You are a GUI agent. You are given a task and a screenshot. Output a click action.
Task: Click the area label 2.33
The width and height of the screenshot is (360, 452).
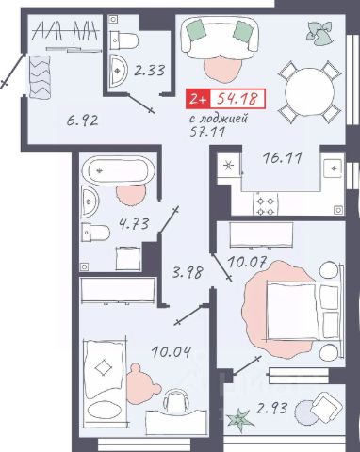click(x=149, y=71)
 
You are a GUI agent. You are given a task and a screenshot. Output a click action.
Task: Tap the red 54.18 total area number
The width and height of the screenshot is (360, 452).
click(x=237, y=98)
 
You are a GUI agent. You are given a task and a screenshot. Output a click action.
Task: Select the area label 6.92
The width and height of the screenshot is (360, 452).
click(x=82, y=121)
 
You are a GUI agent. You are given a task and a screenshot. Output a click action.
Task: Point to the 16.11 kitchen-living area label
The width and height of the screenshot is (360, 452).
click(x=283, y=158)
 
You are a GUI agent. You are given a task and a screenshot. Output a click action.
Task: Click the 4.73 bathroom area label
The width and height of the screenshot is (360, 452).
click(x=134, y=224)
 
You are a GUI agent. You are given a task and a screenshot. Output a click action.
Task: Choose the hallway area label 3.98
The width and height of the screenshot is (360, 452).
click(x=188, y=272)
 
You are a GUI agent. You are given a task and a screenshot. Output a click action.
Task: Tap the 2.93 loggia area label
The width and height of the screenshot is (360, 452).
click(x=272, y=409)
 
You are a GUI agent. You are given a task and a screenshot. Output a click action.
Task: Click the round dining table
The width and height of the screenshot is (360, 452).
click(x=309, y=92)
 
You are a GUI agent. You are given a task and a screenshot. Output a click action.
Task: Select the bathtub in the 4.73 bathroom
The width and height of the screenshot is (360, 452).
click(x=118, y=170)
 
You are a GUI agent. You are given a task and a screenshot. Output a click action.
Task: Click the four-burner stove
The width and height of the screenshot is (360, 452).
click(x=266, y=205)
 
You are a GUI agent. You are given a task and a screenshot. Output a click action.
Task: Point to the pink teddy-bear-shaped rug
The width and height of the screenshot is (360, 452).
click(x=143, y=383)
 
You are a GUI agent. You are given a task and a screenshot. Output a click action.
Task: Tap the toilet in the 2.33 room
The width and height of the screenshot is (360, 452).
click(x=124, y=40)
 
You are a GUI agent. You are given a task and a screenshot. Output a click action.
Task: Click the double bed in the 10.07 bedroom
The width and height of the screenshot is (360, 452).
click(x=303, y=312)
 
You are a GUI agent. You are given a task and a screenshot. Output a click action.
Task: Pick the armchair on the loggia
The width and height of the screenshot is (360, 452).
click(x=327, y=407)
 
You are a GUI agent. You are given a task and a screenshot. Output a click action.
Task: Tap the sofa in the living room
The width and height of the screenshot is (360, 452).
click(x=220, y=38)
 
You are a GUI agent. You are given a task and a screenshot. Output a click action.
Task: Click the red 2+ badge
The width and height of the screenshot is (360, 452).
click(x=198, y=99)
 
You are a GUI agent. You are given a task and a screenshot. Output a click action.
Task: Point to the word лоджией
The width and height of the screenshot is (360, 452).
click(x=223, y=119)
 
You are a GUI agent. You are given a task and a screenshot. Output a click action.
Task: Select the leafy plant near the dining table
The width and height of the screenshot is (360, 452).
click(x=319, y=33)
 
